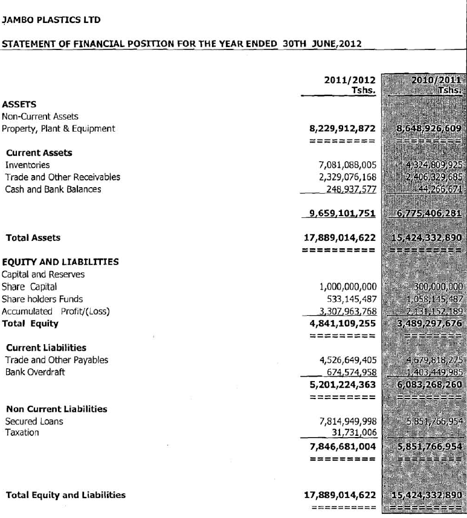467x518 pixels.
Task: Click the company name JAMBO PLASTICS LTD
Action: point(51,20)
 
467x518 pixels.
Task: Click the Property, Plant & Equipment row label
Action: point(59,129)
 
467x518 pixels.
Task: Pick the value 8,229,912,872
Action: point(343,129)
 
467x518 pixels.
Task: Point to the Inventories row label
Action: point(28,165)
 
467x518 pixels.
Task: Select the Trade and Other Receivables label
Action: point(63,177)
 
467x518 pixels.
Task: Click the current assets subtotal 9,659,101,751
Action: point(343,213)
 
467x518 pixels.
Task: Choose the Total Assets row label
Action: point(33,238)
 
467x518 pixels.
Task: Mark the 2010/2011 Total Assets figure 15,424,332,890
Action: point(427,238)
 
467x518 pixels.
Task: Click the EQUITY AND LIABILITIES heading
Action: point(60,262)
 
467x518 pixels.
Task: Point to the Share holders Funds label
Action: point(43,299)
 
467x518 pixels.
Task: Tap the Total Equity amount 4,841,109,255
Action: point(343,324)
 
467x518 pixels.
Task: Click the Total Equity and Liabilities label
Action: point(66,495)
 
